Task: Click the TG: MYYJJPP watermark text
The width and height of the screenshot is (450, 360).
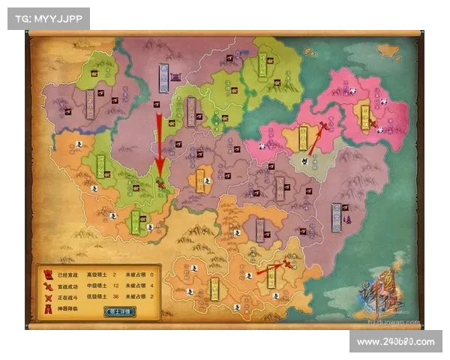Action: click(x=48, y=18)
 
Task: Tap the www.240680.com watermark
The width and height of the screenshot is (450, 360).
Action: click(x=395, y=342)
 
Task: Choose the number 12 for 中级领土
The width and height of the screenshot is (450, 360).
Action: click(x=114, y=286)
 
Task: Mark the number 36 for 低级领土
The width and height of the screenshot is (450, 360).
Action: click(x=114, y=297)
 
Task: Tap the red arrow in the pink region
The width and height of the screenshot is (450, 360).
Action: click(x=316, y=139)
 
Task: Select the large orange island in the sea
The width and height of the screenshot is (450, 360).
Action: click(x=388, y=50)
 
